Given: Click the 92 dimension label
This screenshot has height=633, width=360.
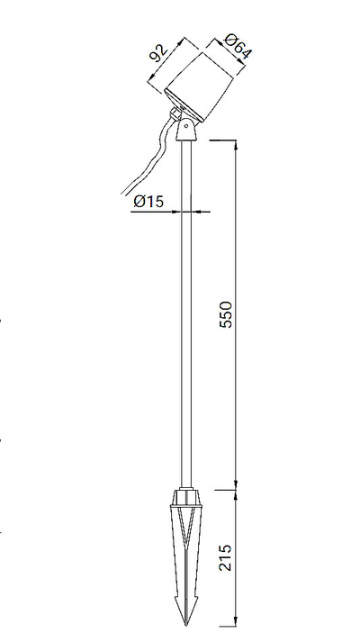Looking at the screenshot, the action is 158,52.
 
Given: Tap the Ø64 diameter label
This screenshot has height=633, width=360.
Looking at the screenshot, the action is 238,47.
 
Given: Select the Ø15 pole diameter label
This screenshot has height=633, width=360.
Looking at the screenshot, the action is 148,201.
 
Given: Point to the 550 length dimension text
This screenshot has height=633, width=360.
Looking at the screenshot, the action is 226,314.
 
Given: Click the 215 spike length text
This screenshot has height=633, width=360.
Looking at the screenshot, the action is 226,557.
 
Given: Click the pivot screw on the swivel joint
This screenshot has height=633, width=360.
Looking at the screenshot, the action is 186,125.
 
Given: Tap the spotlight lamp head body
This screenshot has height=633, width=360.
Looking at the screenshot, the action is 200,86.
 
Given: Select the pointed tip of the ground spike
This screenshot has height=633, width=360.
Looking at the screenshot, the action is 186,626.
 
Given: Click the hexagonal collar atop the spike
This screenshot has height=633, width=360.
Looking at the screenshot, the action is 186,496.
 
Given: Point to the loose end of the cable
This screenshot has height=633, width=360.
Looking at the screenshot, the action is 122,194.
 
